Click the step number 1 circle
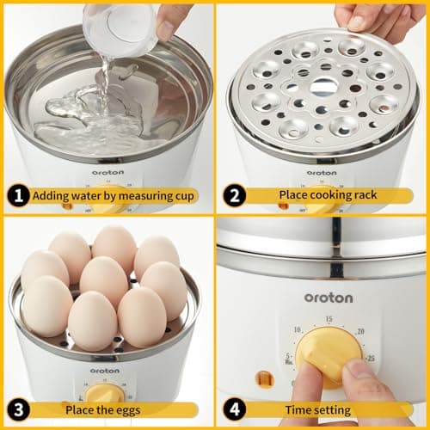pyautogui.click(x=16, y=194)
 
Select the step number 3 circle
pyautogui.click(x=16, y=409)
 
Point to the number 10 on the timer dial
pyautogui.click(x=298, y=329)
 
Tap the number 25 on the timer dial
pyautogui.click(x=370, y=356)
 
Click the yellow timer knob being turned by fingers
pyautogui.click(x=329, y=353)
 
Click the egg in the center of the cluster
pyautogui.click(x=105, y=280)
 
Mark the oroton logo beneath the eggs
pyautogui.click(x=105, y=358)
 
